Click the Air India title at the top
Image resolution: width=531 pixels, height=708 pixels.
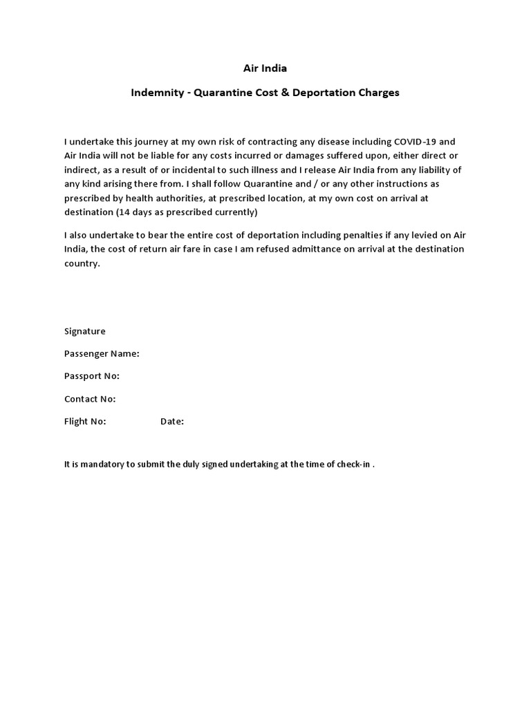pos(265,68)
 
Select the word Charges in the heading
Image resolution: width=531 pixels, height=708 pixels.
pos(377,92)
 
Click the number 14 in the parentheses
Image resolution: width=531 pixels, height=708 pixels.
pos(125,212)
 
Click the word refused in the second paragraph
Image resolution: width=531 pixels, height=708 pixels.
pos(290,249)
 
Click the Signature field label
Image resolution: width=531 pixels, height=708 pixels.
pos(85,331)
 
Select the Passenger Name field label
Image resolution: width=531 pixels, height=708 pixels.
pos(102,353)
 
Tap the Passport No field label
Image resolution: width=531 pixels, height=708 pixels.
pos(92,376)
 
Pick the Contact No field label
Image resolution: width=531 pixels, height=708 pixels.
pos(90,399)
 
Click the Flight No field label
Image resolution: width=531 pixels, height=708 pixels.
pos(85,421)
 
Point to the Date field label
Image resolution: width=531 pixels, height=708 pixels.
pos(172,421)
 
